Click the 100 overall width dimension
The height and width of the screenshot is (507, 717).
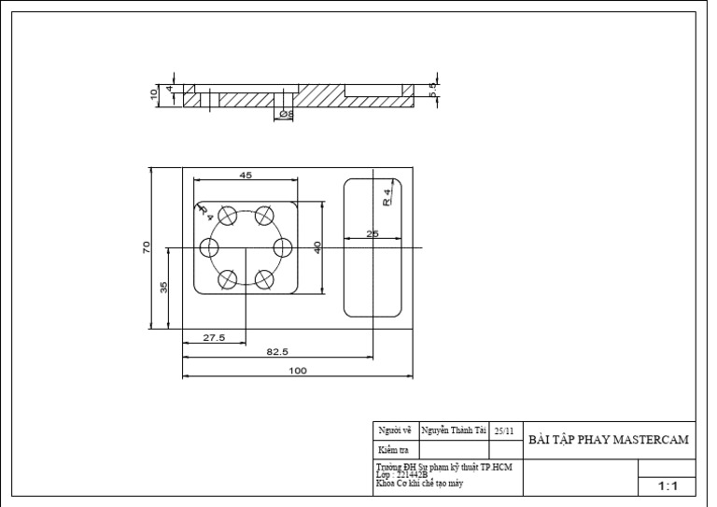click(297, 371)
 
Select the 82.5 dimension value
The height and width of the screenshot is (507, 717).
click(277, 352)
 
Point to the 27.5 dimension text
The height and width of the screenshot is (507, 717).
click(214, 338)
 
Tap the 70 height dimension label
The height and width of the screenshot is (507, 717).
click(147, 247)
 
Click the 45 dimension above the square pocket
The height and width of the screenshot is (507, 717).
click(246, 176)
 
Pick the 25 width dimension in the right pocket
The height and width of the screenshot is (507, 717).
click(373, 233)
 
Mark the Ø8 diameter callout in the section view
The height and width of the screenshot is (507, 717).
click(286, 114)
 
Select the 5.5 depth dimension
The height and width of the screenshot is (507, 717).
click(432, 90)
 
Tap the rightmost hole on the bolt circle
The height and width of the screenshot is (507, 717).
click(282, 247)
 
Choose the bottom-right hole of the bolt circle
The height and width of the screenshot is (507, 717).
click(264, 278)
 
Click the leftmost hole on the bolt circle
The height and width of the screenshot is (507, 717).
click(209, 247)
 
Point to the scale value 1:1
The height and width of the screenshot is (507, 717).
click(668, 486)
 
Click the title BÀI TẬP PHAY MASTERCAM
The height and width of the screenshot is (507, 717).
click(609, 440)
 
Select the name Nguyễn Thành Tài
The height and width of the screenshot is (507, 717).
click(454, 430)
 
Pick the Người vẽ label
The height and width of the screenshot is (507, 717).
click(394, 430)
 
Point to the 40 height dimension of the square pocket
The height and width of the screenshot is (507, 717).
click(318, 247)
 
